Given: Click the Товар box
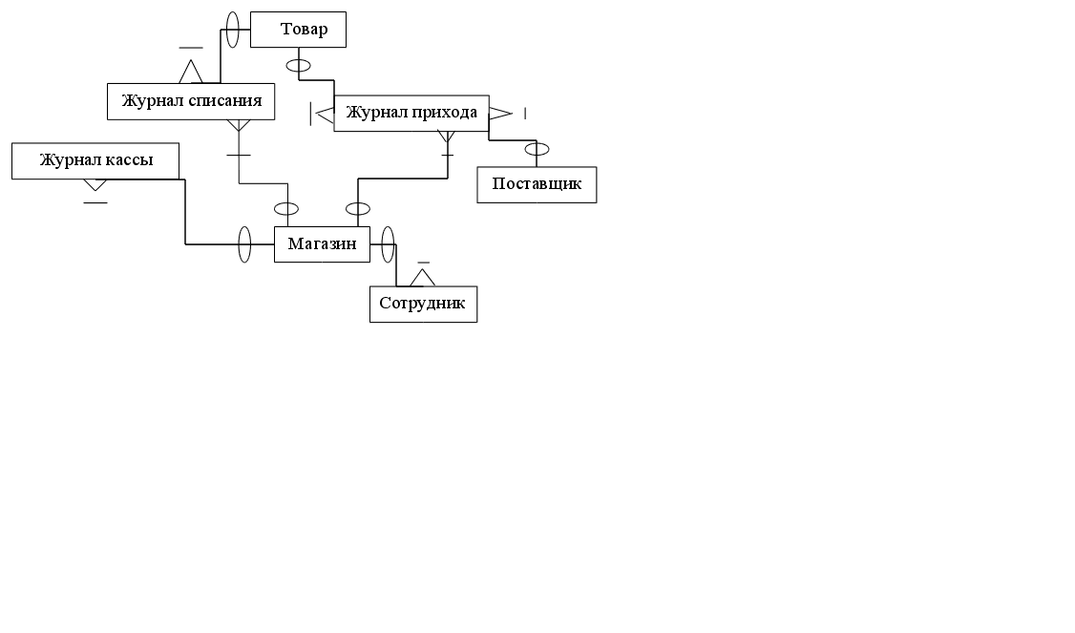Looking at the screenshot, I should point(298,30).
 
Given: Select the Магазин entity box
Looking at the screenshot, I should point(322,244).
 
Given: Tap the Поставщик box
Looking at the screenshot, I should point(537,184).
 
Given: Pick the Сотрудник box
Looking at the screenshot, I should point(423,305).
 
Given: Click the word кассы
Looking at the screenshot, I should point(128,160).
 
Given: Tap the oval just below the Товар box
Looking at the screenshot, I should point(299,66).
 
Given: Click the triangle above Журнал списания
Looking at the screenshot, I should point(191,73).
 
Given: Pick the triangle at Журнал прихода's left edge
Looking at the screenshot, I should point(325,115).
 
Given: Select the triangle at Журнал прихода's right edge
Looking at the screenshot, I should point(499,114).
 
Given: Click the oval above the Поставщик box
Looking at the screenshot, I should point(537,149).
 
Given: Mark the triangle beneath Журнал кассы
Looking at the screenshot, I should point(95,184).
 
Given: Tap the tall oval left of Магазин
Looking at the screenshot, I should point(244,244).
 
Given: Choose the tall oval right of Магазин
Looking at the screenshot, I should point(387,244).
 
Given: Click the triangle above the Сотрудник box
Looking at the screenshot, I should point(423,277).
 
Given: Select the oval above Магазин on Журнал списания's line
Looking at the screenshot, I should point(286,209).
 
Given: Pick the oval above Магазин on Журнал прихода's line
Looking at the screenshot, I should point(358,209).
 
